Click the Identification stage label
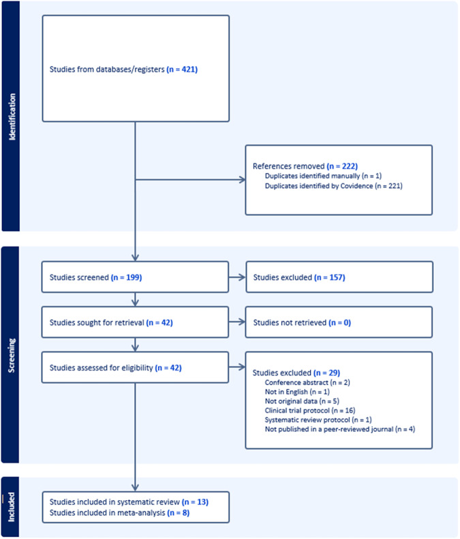pyautogui.click(x=12, y=117)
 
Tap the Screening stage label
pyautogui.click(x=12, y=356)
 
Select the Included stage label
pyautogui.click(x=12, y=507)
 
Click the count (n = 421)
pyautogui.click(x=182, y=70)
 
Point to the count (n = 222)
pyautogui.click(x=342, y=166)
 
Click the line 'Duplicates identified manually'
pyautogui.click(x=323, y=176)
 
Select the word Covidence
pyautogui.click(x=356, y=186)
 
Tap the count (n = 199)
pyautogui.click(x=126, y=277)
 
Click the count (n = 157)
pyautogui.click(x=329, y=277)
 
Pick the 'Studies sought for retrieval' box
pyautogui.click(x=135, y=322)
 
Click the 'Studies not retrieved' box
pyautogui.click(x=339, y=322)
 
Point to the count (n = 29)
pyautogui.click(x=326, y=373)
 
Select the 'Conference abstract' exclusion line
pyautogui.click(x=307, y=382)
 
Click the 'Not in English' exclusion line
pyautogui.click(x=297, y=392)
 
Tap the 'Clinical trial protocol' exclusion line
pyautogui.click(x=310, y=410)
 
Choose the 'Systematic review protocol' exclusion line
pyautogui.click(x=318, y=420)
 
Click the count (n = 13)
pyautogui.click(x=195, y=502)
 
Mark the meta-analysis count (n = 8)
pyautogui.click(x=178, y=513)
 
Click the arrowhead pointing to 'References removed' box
pyautogui.click(x=243, y=179)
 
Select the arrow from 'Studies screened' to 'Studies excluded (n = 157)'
pyautogui.click(x=237, y=277)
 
